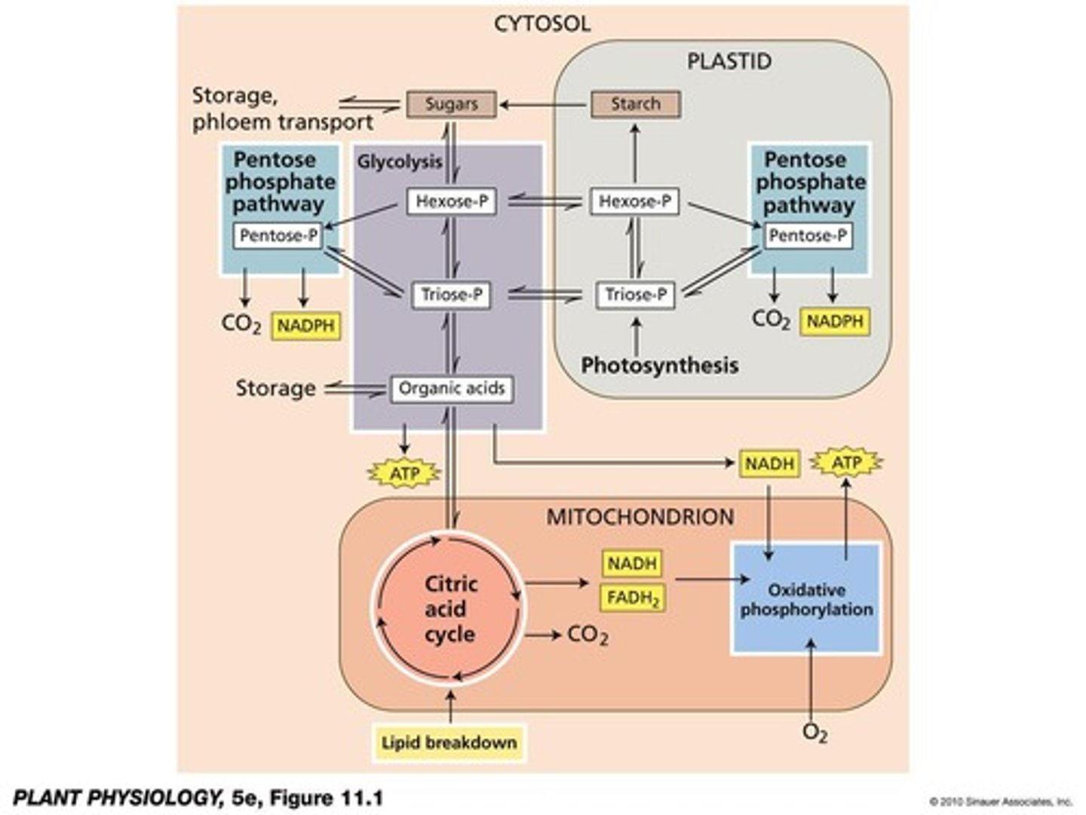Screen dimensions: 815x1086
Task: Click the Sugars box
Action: (451, 104)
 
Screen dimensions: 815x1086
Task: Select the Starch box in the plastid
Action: (635, 104)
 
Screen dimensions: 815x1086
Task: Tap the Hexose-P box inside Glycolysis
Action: (452, 201)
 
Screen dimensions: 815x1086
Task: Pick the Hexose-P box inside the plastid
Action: (634, 201)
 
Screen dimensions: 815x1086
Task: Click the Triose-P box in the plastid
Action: (636, 294)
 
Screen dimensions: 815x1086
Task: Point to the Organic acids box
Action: (451, 389)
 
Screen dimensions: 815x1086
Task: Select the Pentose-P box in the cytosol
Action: (278, 236)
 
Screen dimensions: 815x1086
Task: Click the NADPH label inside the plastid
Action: (834, 321)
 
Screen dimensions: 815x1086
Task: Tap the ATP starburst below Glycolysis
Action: (403, 474)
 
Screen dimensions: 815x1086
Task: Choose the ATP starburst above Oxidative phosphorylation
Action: (846, 463)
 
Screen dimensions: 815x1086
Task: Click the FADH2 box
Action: (633, 598)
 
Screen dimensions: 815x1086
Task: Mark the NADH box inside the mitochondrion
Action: (633, 563)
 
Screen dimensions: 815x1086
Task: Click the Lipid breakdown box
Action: (449, 743)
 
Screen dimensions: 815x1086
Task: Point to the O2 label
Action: (814, 733)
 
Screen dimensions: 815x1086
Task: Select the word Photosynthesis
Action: (659, 365)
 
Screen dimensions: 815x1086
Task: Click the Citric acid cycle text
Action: (450, 609)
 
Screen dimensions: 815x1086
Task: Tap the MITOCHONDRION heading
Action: (640, 517)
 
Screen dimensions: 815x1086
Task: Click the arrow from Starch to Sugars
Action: (543, 104)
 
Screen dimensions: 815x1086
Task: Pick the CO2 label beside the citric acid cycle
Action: (587, 635)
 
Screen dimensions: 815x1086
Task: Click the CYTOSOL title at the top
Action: (542, 24)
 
